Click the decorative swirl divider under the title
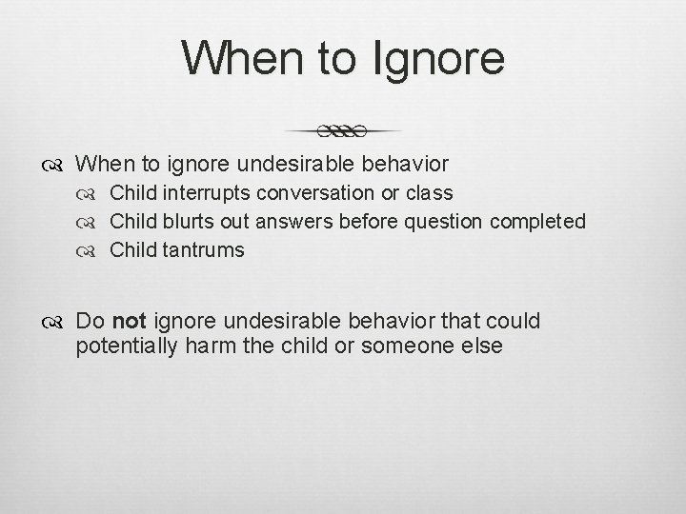point(343,129)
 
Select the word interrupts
point(206,193)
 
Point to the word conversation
point(320,193)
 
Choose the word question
point(446,222)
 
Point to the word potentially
point(128,346)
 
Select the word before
point(370,222)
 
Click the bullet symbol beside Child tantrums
point(93,251)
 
